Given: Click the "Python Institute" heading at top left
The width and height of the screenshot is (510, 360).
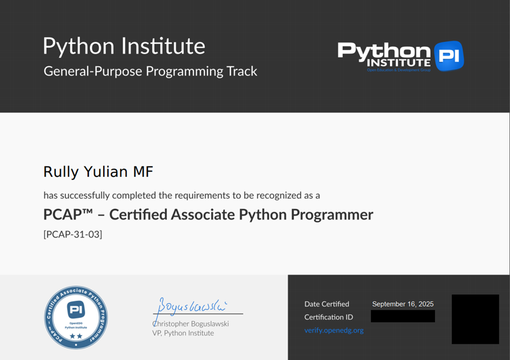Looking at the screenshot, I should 124,46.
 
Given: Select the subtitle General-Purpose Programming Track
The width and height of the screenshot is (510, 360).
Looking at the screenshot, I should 150,71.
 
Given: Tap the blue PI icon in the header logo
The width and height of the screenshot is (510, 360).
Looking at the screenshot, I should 449,56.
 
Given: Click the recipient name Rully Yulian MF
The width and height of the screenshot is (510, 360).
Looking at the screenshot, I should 98,172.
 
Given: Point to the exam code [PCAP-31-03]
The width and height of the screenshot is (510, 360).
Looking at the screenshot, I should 73,235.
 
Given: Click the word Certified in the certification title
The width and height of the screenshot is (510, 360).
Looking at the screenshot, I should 139,214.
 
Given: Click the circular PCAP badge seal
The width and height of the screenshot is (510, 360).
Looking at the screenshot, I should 76,317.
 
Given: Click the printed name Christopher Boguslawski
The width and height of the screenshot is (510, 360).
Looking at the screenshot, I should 191,323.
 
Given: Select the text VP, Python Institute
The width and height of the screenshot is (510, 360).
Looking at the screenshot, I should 183,333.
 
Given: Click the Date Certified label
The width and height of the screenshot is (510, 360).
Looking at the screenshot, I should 326,304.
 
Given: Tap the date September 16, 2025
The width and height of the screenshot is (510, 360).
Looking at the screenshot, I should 403,304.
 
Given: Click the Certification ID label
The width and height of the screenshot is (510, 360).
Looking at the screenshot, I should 329,317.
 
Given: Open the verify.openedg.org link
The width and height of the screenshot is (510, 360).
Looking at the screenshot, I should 334,330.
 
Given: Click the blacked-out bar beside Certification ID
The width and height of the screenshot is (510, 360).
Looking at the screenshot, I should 403,316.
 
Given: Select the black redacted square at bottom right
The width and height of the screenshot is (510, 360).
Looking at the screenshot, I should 475,319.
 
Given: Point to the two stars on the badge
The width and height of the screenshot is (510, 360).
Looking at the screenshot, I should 76,337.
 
